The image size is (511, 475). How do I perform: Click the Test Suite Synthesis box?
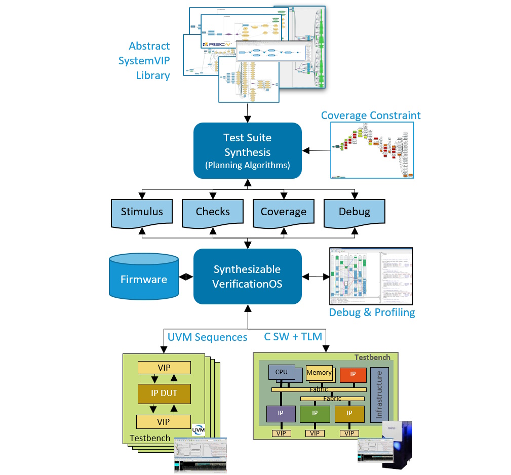click(x=248, y=150)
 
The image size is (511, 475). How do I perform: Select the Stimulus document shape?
click(x=142, y=212)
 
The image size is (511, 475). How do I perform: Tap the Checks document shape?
click(x=213, y=212)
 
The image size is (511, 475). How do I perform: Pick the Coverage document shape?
click(x=283, y=212)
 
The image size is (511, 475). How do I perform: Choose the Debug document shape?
click(x=354, y=212)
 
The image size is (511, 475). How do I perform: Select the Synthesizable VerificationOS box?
click(x=248, y=276)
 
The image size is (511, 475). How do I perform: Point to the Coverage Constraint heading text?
click(x=371, y=115)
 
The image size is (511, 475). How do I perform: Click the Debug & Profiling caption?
click(x=372, y=312)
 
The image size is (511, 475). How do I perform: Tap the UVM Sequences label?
click(x=207, y=337)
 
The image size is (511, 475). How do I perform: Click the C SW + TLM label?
click(x=293, y=336)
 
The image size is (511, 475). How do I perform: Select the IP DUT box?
click(x=164, y=392)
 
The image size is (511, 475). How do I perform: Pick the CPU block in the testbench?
click(x=282, y=372)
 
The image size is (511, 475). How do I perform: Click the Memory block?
click(x=319, y=373)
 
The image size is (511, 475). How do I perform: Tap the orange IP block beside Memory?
click(x=349, y=375)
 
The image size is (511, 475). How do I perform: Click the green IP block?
click(x=315, y=414)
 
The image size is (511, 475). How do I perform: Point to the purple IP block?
click(x=280, y=414)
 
